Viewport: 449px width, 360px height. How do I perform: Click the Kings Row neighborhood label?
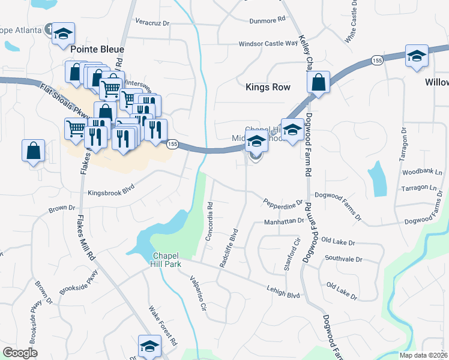pos(268,87)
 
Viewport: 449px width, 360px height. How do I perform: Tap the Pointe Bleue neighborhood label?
pos(97,49)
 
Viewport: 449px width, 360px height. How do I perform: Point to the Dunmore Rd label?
pos(268,20)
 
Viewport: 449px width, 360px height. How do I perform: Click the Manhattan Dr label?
pos(284,221)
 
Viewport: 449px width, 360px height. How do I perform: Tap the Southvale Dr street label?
pos(343,259)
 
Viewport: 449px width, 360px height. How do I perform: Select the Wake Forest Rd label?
pos(163,326)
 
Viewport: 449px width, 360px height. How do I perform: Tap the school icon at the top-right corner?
pos(417,56)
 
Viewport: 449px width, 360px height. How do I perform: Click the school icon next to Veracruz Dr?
pos(62,34)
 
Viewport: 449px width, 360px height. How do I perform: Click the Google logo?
pos(20,353)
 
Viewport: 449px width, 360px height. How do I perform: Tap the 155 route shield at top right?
pos(376,61)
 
